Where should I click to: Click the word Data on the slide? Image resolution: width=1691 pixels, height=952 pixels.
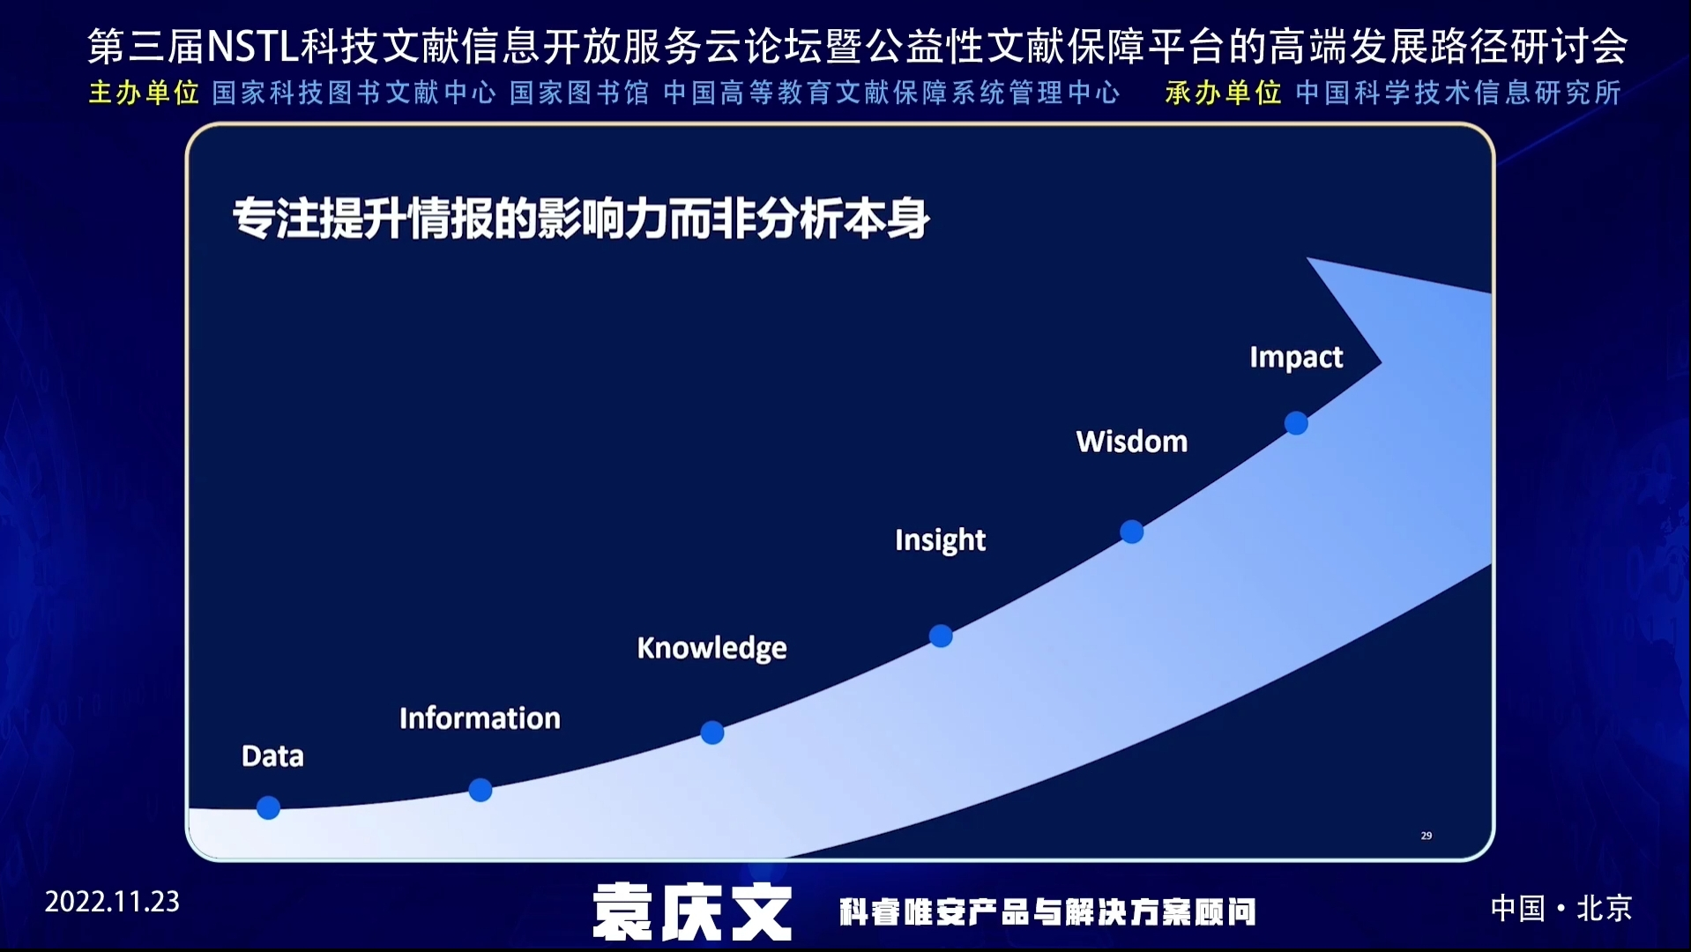click(x=272, y=756)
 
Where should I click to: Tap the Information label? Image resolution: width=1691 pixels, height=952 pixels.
click(x=480, y=718)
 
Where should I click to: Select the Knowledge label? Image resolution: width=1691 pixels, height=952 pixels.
click(x=711, y=648)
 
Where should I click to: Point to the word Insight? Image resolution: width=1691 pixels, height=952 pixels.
click(x=940, y=540)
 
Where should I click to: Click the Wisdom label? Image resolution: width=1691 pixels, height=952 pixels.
click(x=1132, y=442)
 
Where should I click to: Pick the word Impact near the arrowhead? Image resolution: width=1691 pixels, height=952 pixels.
click(x=1296, y=357)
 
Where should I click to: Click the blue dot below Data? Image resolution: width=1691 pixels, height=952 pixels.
click(x=268, y=807)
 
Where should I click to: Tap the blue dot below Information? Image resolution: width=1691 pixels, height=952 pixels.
click(x=480, y=790)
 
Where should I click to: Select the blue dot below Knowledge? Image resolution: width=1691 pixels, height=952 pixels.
click(x=712, y=733)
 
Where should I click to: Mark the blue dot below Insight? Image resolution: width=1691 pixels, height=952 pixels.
click(x=941, y=636)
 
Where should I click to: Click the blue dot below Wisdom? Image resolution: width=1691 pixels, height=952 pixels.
click(x=1132, y=532)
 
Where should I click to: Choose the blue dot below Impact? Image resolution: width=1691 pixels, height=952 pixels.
click(x=1296, y=423)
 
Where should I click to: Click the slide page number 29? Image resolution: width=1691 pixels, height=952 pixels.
click(x=1427, y=836)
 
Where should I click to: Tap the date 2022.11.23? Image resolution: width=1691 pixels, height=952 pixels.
click(x=112, y=902)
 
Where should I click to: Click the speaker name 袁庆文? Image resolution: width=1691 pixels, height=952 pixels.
click(x=692, y=912)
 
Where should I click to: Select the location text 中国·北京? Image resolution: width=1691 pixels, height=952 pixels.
click(x=1561, y=908)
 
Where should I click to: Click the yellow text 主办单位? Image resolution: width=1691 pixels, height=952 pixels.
click(x=144, y=93)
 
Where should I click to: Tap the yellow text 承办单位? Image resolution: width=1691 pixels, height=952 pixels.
click(x=1223, y=93)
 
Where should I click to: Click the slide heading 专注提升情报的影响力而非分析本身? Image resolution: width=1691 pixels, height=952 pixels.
click(x=581, y=219)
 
